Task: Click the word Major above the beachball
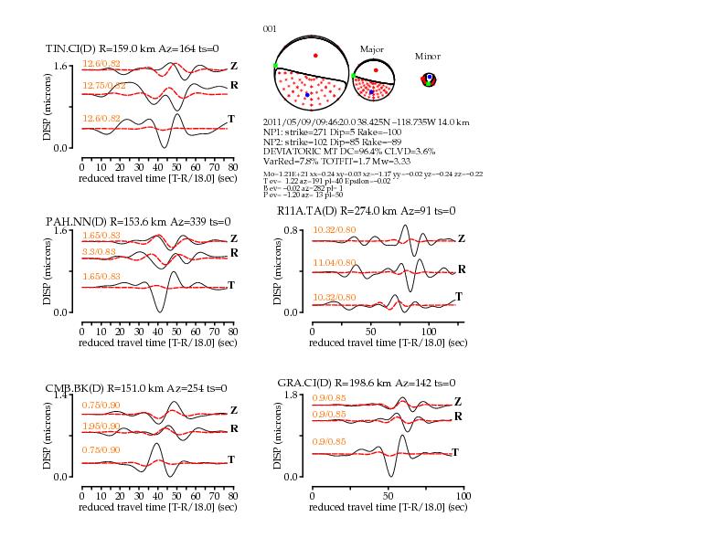(371, 48)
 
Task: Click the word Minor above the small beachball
(428, 56)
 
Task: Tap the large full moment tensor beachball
(314, 71)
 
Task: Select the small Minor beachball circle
(428, 80)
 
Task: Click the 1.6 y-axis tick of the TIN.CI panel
(61, 67)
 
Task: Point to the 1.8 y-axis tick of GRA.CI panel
(293, 395)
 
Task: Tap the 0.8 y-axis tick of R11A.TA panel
(293, 230)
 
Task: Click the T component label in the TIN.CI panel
(231, 120)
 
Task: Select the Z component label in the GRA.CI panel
(457, 401)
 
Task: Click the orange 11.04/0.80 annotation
(333, 263)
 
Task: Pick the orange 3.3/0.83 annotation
(98, 250)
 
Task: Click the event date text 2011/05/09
(285, 121)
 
